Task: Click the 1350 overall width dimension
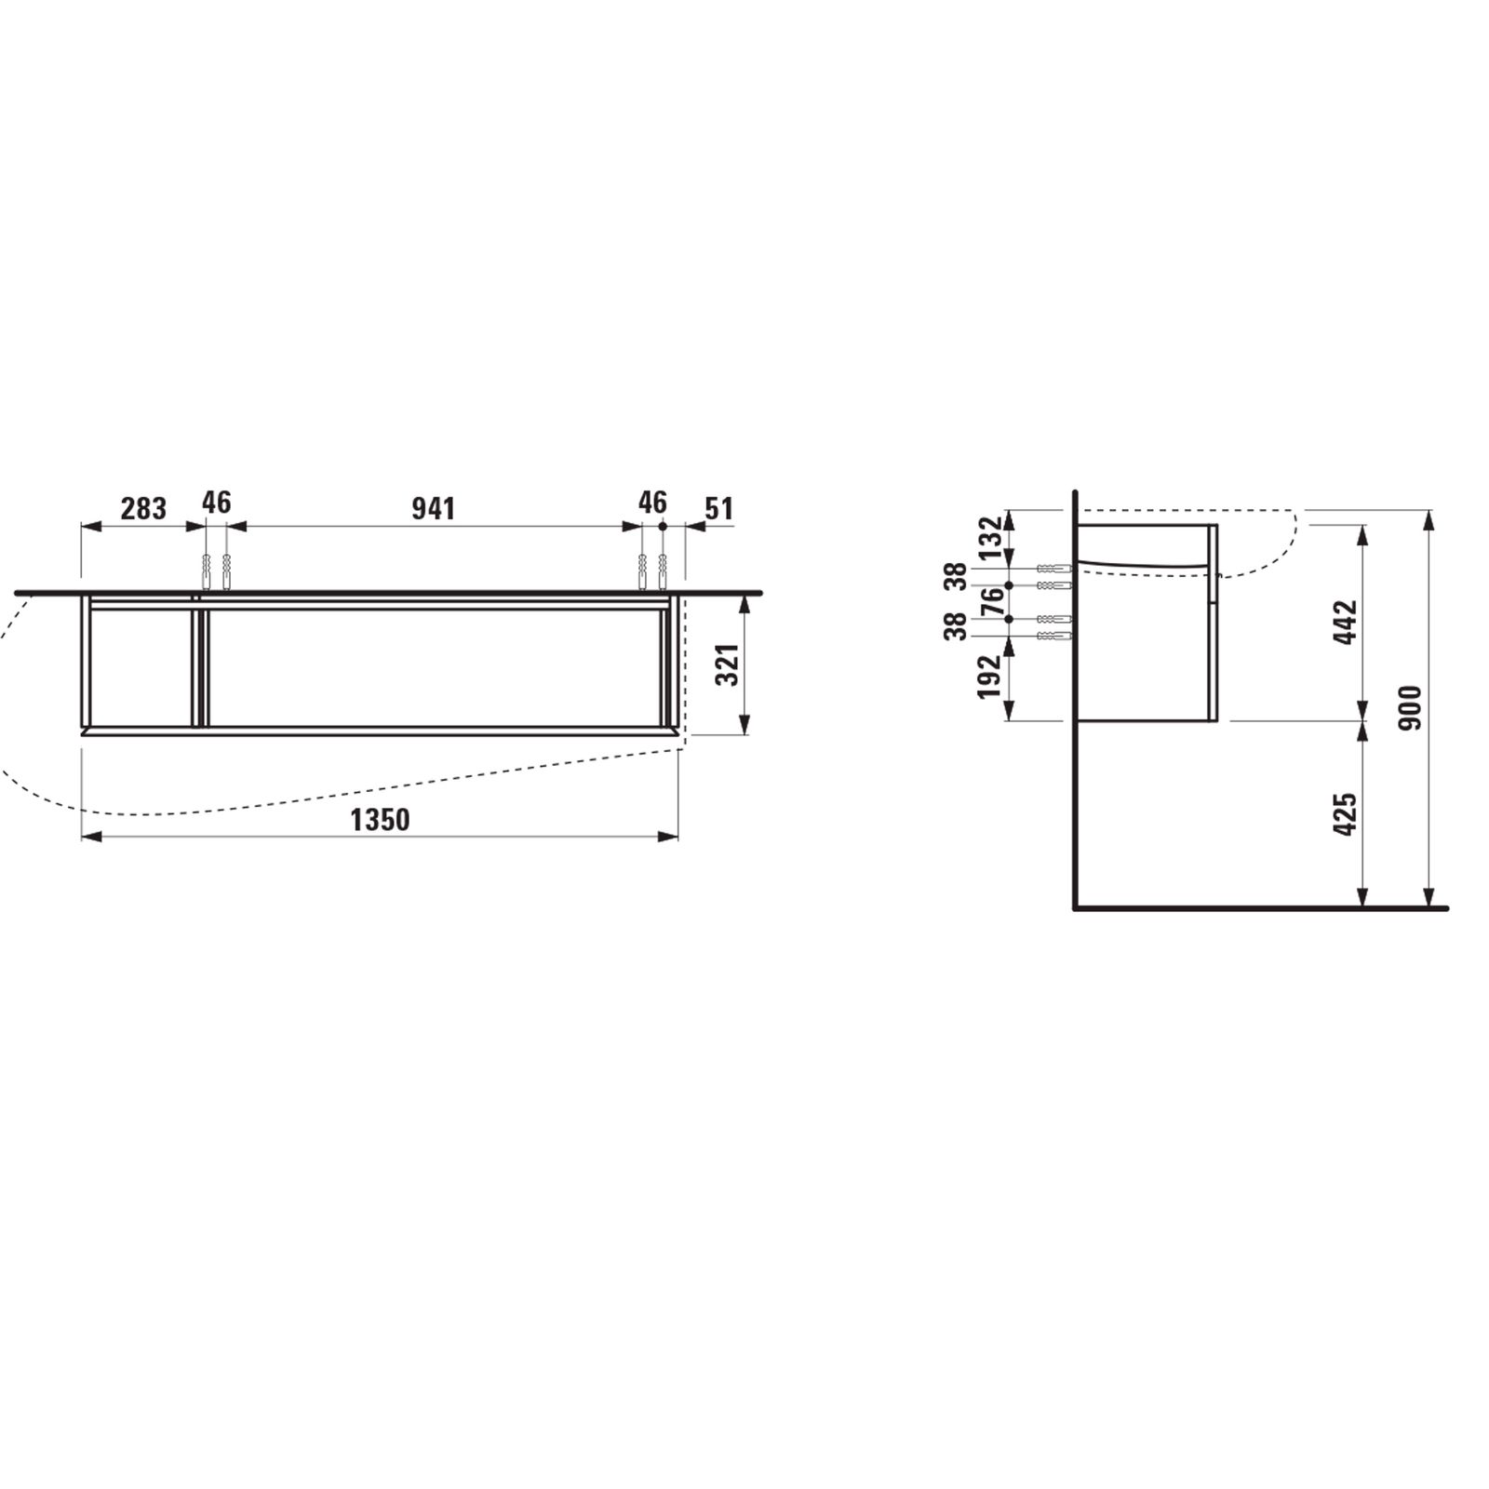coord(380,820)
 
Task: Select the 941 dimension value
coord(434,509)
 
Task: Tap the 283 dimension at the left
coord(143,509)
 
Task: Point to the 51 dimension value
coord(718,509)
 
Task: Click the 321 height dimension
coord(728,664)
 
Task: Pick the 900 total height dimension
coord(1412,707)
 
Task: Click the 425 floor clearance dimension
coord(1346,814)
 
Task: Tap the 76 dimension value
coord(992,602)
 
